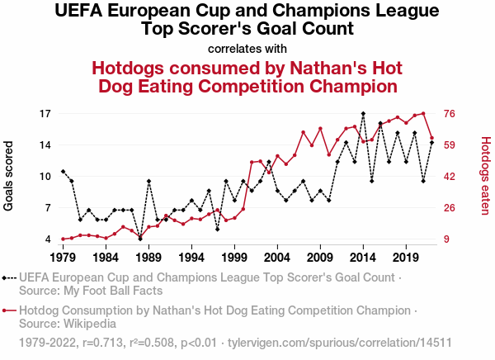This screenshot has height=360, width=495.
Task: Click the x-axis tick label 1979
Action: (63, 257)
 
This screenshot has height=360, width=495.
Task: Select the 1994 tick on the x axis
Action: (191, 257)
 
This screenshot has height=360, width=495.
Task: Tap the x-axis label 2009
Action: (320, 257)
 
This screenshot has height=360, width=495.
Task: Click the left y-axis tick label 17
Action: (46, 114)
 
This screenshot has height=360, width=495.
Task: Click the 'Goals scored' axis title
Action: (10, 177)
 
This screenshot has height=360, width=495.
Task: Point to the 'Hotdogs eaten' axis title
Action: (485, 177)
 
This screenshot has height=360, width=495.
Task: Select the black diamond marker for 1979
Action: (63, 171)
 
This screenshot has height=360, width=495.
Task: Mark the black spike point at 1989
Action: (148, 181)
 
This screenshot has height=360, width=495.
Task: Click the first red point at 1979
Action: (63, 239)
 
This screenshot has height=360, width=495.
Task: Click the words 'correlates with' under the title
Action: (247, 48)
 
